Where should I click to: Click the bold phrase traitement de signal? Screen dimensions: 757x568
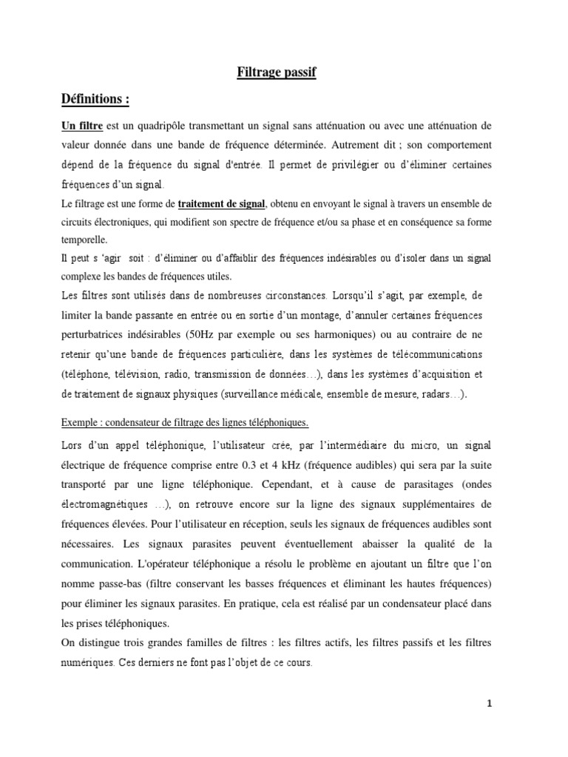pyautogui.click(x=220, y=203)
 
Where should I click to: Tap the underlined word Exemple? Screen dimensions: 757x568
pyautogui.click(x=81, y=422)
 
